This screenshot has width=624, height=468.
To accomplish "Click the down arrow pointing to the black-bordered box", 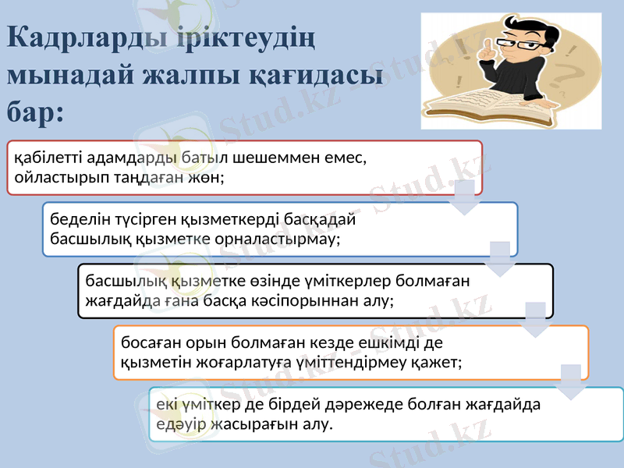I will click(x=500, y=258).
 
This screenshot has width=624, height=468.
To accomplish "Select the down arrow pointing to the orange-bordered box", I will click(x=536, y=319).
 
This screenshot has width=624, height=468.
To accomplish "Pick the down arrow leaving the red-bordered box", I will click(x=464, y=197).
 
